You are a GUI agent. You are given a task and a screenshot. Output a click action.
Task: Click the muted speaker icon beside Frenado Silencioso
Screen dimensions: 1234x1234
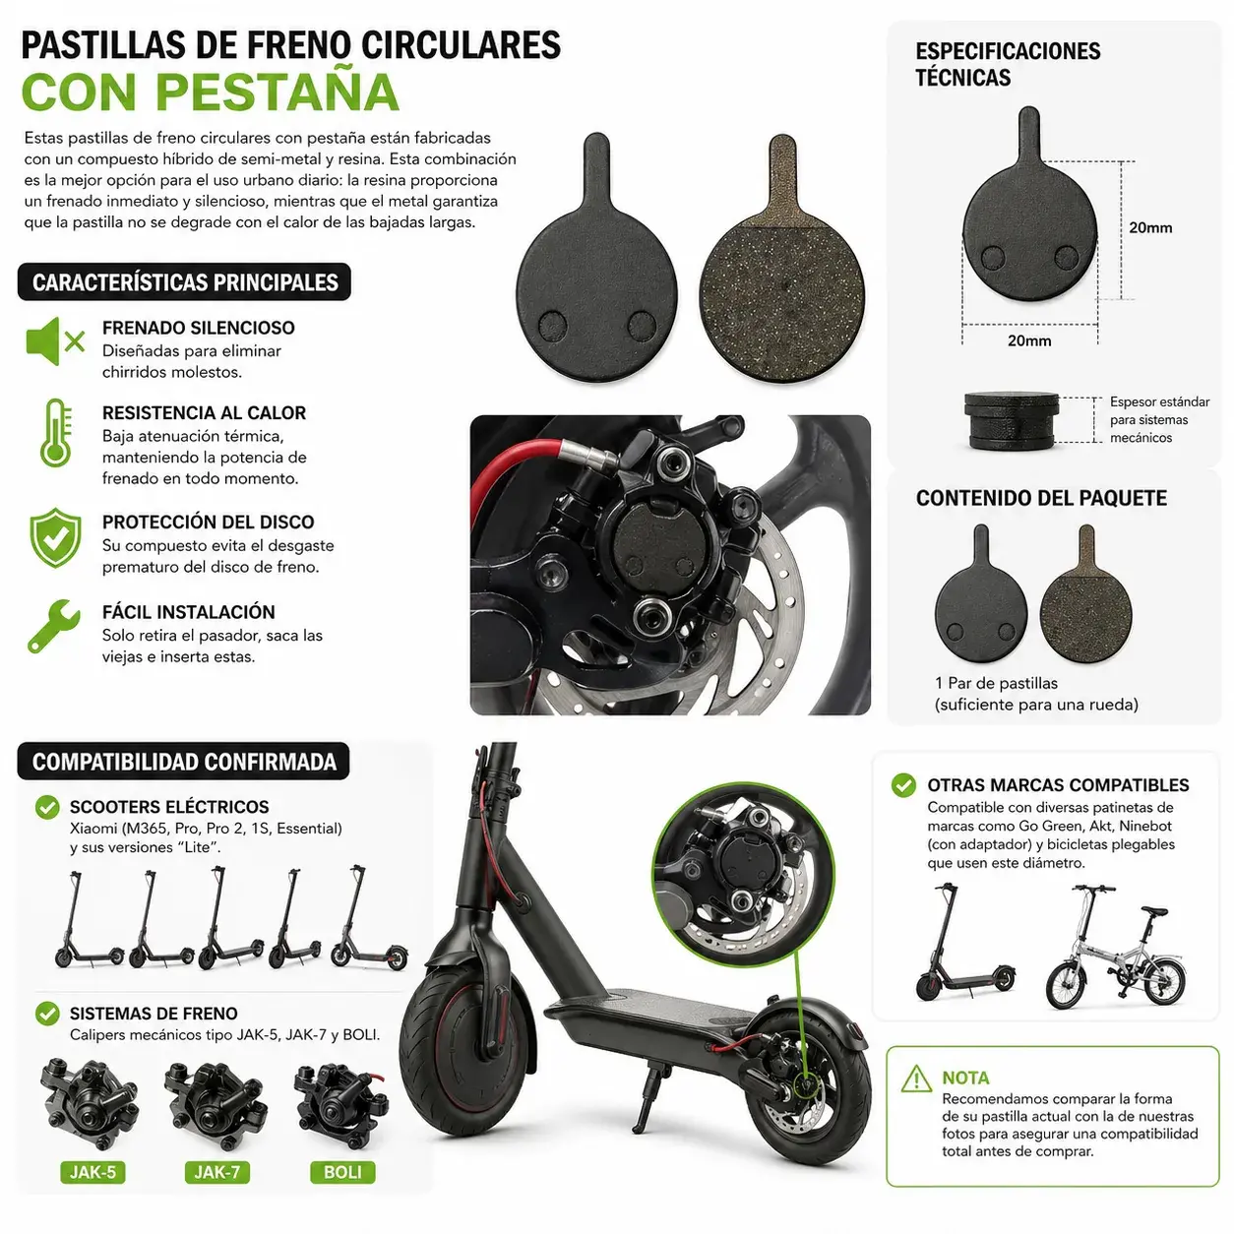[55, 341]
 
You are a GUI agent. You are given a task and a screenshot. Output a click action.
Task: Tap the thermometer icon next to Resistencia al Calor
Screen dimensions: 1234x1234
[56, 433]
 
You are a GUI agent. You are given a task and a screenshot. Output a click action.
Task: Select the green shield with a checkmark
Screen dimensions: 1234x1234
[56, 538]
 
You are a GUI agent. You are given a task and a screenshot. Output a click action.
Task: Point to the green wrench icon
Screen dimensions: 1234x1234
[54, 626]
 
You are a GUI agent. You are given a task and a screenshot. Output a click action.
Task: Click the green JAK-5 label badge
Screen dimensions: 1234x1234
[93, 1172]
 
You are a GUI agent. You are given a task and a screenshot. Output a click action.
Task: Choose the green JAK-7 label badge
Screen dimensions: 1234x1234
[217, 1172]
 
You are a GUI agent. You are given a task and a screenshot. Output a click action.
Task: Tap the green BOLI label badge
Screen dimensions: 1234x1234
[342, 1172]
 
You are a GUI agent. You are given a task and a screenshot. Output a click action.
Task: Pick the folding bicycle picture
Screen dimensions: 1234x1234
[1115, 947]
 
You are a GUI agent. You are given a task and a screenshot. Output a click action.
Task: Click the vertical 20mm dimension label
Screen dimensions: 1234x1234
[1150, 228]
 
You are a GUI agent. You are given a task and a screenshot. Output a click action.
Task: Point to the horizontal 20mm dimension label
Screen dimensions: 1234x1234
[1029, 340]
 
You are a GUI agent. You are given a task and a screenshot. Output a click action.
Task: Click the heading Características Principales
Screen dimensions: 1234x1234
[185, 281]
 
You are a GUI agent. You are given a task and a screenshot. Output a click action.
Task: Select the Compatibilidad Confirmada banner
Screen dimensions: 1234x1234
[184, 762]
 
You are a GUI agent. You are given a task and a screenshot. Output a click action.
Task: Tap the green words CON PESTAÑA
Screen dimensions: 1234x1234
[211, 93]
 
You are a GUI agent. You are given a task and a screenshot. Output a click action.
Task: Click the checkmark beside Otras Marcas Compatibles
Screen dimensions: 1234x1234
[903, 785]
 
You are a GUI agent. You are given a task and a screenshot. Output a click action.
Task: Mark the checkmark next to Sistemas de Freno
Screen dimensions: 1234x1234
[47, 1014]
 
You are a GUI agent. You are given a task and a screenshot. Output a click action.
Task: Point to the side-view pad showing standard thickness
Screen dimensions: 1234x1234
[1012, 421]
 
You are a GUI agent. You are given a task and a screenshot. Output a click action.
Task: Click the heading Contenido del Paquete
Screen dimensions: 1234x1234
[1041, 498]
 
